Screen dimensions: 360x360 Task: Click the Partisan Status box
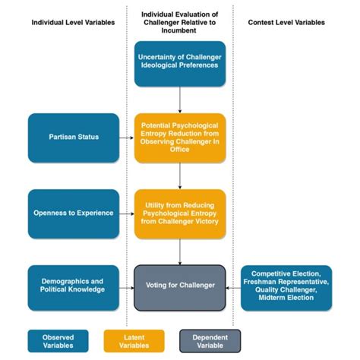pyautogui.click(x=74, y=137)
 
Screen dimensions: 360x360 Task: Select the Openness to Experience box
pyautogui.click(x=74, y=213)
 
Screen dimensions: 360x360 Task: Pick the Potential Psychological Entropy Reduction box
pyautogui.click(x=180, y=137)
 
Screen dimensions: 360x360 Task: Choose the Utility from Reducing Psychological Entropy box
pyautogui.click(x=180, y=213)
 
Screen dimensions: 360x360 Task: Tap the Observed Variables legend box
pyautogui.click(x=58, y=341)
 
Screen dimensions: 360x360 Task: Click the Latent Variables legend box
pyautogui.click(x=134, y=341)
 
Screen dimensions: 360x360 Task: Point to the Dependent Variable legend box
pyautogui.click(x=210, y=341)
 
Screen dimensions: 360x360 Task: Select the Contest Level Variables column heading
pyautogui.click(x=286, y=22)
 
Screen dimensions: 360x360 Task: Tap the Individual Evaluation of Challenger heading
pyautogui.click(x=180, y=22)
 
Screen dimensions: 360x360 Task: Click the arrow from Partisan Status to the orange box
pyautogui.click(x=127, y=137)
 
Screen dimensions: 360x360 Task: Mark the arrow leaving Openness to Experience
pyautogui.click(x=127, y=213)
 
